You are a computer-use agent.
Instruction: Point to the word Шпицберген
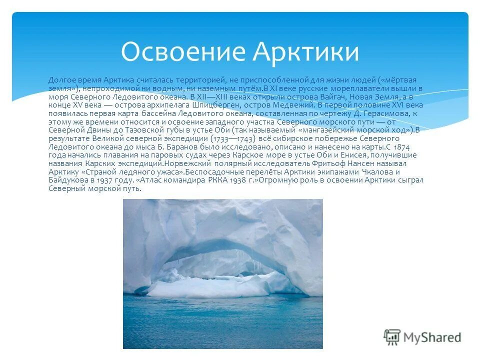pos(269,105)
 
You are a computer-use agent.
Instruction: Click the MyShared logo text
pos(432,337)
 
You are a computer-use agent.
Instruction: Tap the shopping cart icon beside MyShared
pos(392,336)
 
